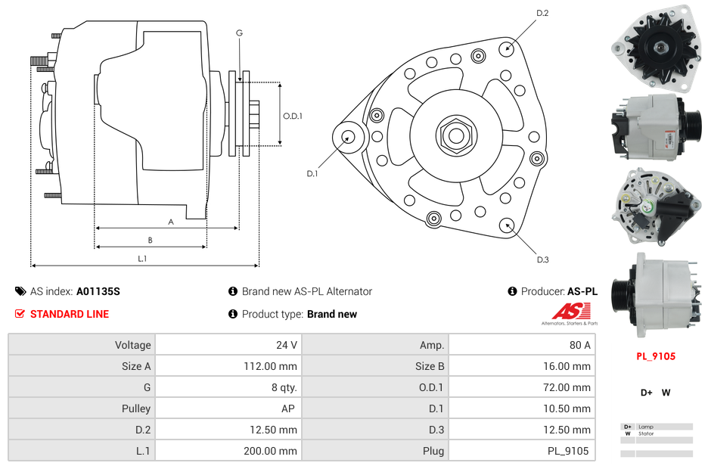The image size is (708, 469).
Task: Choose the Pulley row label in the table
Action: (136, 408)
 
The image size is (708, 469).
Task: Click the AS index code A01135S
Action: (98, 291)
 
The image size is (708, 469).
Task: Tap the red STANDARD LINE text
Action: (70, 314)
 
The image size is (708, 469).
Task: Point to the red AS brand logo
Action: (568, 312)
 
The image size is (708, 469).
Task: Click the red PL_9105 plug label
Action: (655, 356)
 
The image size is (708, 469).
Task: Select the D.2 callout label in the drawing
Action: (542, 14)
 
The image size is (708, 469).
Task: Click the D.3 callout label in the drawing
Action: (542, 259)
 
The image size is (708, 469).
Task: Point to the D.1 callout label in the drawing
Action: (312, 173)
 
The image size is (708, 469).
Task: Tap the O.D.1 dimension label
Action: (293, 116)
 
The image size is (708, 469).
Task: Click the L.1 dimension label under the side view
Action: (142, 259)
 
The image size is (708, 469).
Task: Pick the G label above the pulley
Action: (239, 33)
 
